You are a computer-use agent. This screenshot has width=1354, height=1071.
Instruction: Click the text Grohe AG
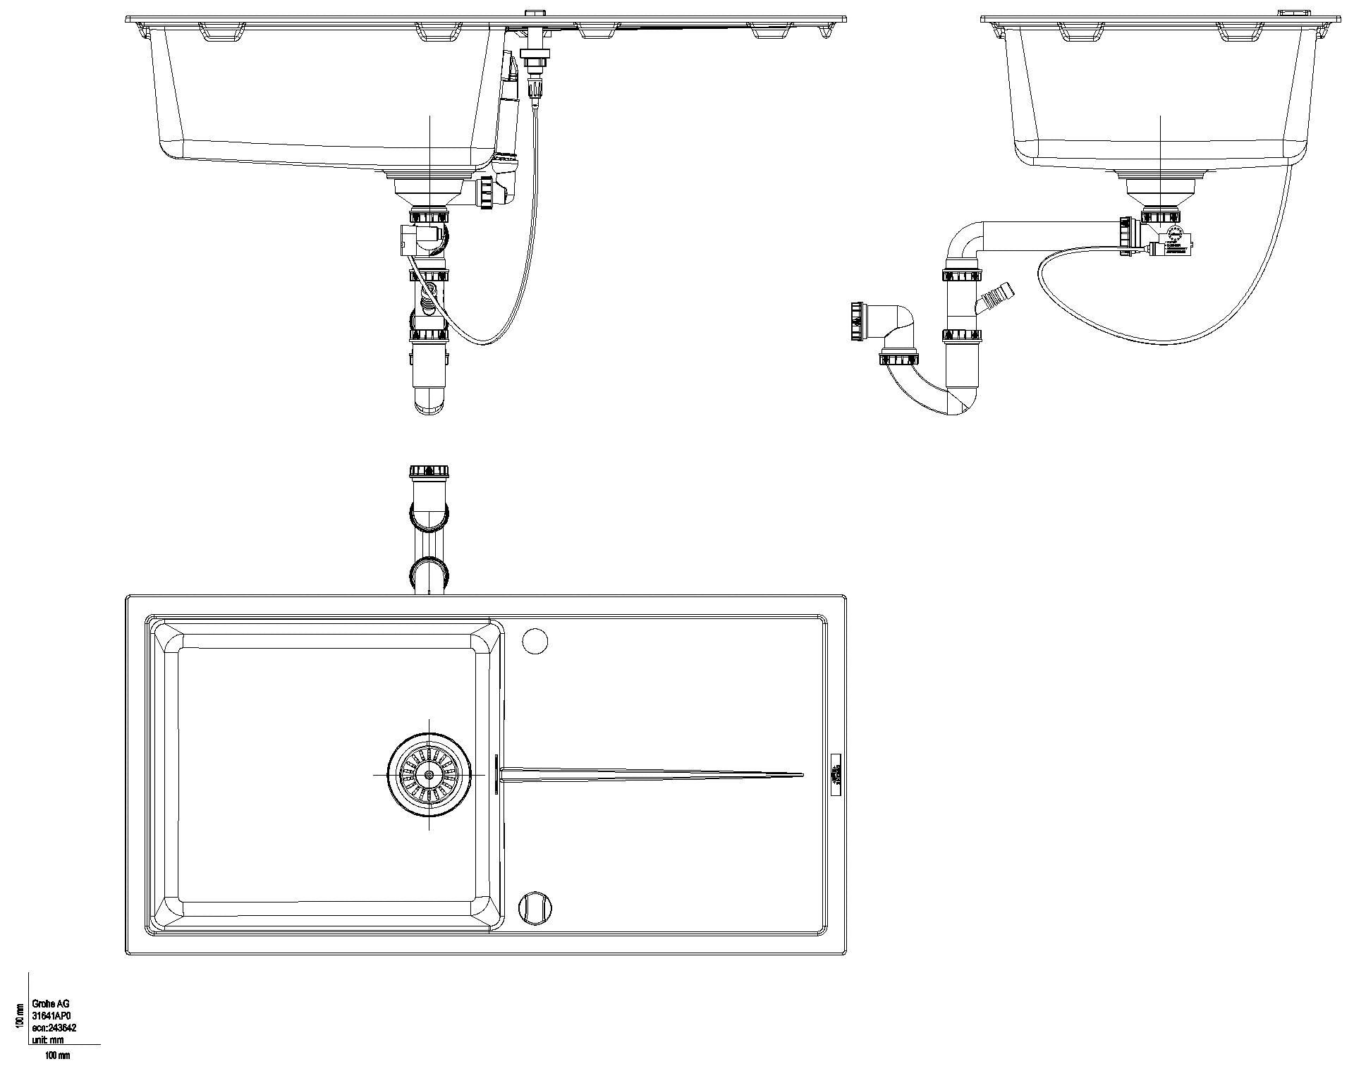click(51, 1004)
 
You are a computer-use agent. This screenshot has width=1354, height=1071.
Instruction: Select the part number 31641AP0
click(52, 1016)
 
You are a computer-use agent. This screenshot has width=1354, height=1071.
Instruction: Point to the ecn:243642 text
click(54, 1028)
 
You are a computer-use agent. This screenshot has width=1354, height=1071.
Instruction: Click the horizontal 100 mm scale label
click(58, 1055)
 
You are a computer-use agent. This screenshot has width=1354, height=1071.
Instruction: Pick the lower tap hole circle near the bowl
click(534, 907)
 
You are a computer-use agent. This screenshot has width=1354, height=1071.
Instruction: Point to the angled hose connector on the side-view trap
click(996, 295)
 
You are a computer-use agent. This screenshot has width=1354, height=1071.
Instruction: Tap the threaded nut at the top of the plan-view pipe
click(429, 470)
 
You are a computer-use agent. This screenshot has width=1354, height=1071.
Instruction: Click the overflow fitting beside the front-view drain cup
click(487, 192)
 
